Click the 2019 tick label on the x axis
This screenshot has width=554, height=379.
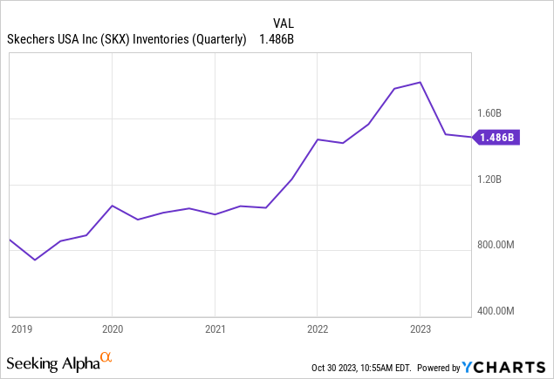coord(22,329)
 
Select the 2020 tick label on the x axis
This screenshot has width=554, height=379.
coord(113,329)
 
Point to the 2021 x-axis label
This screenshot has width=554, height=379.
coord(215,329)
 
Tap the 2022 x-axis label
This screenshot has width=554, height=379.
coord(318,329)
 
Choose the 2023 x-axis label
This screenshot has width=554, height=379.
coord(421,329)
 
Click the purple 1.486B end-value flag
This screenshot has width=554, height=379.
coord(497,138)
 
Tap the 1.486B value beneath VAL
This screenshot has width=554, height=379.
coord(279,39)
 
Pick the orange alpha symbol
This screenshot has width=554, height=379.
coord(106,357)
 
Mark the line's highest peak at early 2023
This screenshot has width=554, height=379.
coord(421,82)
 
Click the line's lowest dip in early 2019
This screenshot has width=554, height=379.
coord(35,260)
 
